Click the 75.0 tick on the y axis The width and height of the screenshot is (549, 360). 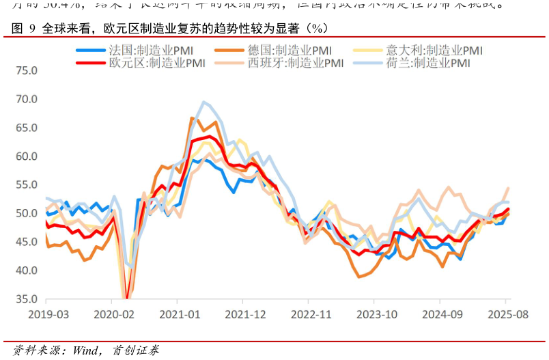click(27, 70)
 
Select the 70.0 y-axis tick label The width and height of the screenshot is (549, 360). click(27, 99)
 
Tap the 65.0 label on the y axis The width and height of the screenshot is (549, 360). click(27, 128)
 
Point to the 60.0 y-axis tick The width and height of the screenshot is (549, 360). click(27, 156)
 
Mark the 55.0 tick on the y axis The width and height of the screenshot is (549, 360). click(27, 185)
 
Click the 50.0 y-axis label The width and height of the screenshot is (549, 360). click(27, 214)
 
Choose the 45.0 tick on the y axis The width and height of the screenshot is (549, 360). click(27, 242)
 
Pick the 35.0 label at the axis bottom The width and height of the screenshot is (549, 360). click(27, 299)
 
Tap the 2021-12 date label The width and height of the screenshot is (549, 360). click(244, 315)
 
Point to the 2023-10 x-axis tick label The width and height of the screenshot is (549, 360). click(375, 315)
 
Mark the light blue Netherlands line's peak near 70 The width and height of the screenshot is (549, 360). click(203, 102)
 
